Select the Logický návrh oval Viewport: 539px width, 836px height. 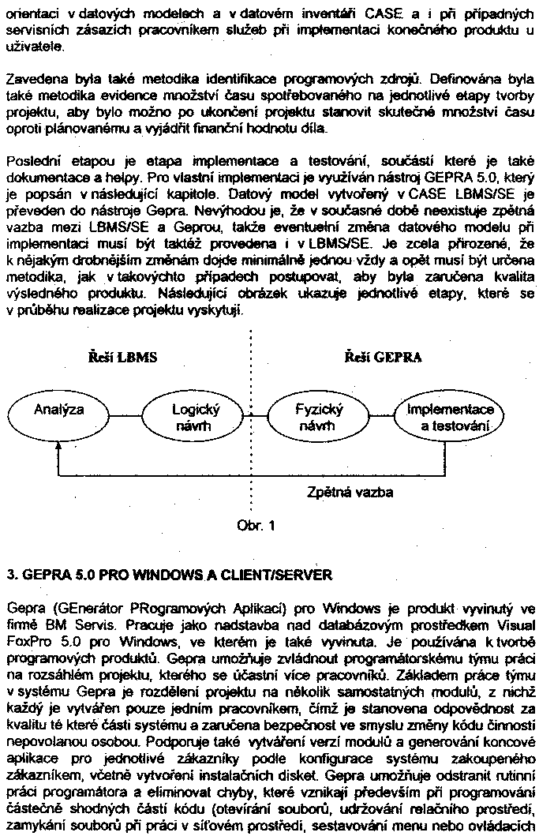pos(196,418)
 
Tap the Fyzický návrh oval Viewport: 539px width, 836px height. pos(319,418)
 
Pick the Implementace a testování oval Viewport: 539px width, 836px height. pos(451,418)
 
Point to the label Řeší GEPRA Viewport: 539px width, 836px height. pos(384,358)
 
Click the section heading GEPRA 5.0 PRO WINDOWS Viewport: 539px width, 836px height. pos(169,575)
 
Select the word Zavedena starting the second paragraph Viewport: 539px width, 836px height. pos(32,81)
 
